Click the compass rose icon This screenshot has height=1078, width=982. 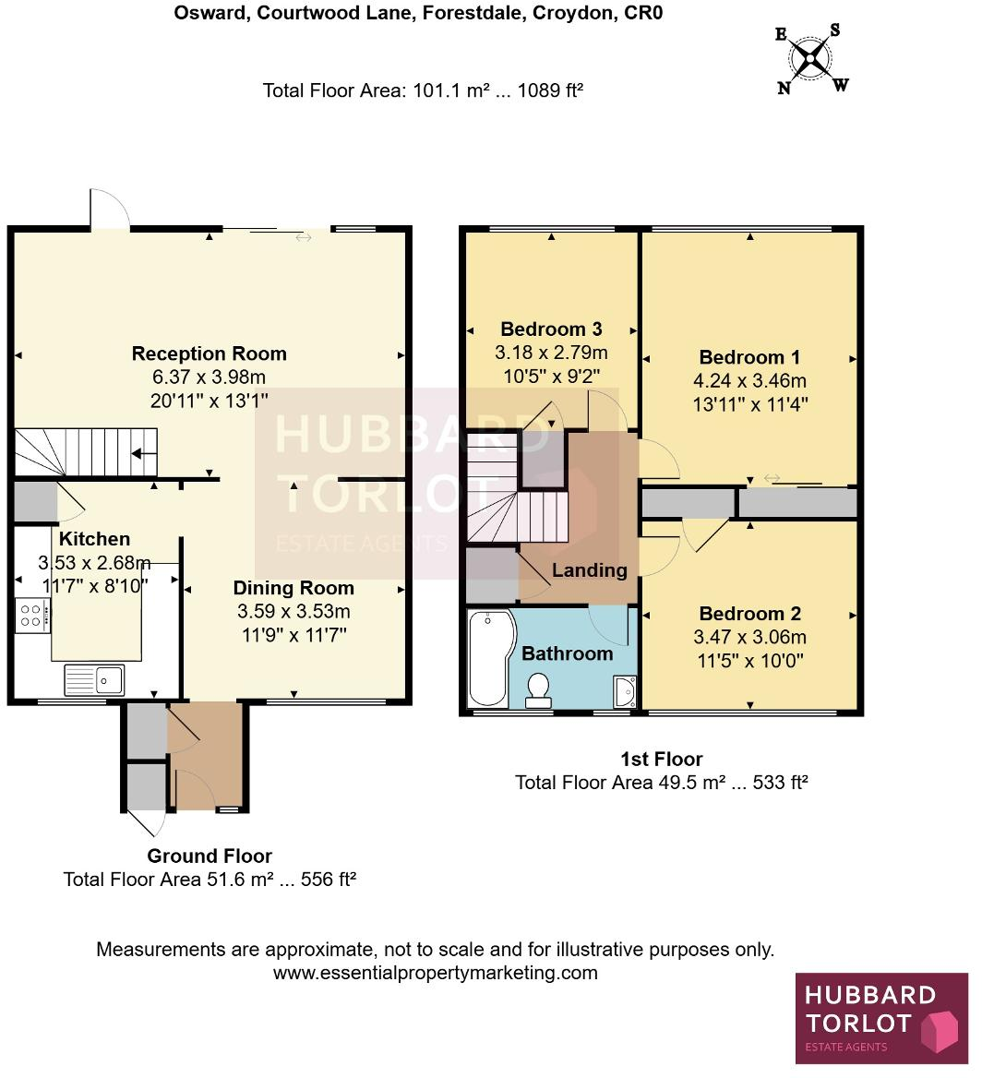click(x=811, y=58)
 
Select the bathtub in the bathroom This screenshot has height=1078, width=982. click(x=486, y=657)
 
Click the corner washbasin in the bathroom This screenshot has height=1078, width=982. click(x=624, y=689)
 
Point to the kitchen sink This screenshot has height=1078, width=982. click(x=94, y=679)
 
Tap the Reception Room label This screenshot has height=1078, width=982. click(x=209, y=353)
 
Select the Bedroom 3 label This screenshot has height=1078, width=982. click(x=551, y=329)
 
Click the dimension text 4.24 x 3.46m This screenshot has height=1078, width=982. click(x=749, y=380)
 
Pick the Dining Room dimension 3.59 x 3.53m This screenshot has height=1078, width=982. click(x=293, y=611)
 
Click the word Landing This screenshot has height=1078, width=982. click(x=589, y=570)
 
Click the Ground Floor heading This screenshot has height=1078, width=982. click(x=210, y=856)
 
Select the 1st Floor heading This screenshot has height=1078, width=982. click(x=661, y=760)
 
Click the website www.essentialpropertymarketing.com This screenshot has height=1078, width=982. click(x=435, y=973)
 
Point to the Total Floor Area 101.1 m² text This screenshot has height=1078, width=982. click(x=423, y=90)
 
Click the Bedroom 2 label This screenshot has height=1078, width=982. click(x=749, y=614)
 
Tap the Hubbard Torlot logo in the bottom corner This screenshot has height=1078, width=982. click(x=881, y=1020)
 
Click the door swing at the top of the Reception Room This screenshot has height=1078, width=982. click(x=109, y=209)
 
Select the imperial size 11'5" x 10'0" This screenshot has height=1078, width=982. click(x=749, y=661)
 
